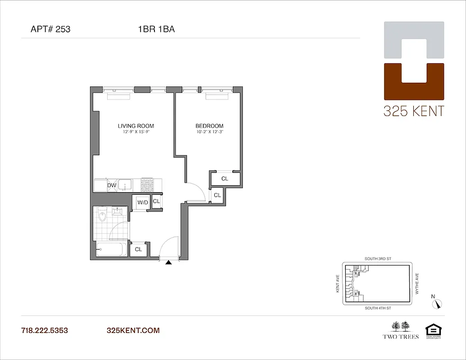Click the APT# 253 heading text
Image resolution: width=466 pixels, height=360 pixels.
[x=50, y=30]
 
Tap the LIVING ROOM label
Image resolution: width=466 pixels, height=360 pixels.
[x=136, y=126]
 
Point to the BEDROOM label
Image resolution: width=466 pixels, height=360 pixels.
[x=209, y=126]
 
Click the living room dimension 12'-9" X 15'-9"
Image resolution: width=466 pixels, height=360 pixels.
[x=136, y=132]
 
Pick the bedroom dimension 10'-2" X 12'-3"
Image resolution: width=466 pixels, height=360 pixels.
[x=209, y=132]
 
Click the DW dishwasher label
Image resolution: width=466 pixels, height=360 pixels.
[x=112, y=185]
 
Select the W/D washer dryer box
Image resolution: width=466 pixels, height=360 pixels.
[x=142, y=202]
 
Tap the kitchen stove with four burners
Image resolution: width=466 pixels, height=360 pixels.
[x=147, y=184]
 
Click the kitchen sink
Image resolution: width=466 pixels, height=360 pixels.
[x=125, y=185]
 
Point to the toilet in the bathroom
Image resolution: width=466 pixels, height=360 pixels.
[x=102, y=216]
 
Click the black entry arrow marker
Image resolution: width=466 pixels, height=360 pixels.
[x=169, y=263]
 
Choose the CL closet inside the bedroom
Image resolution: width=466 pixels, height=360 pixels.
[x=225, y=179]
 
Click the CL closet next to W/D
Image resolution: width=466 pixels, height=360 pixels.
[x=156, y=202]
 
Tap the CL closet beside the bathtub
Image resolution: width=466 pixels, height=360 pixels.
[x=138, y=249]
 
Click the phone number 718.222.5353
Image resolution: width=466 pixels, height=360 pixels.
[x=45, y=330]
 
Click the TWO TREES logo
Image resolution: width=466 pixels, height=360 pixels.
[x=400, y=329]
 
